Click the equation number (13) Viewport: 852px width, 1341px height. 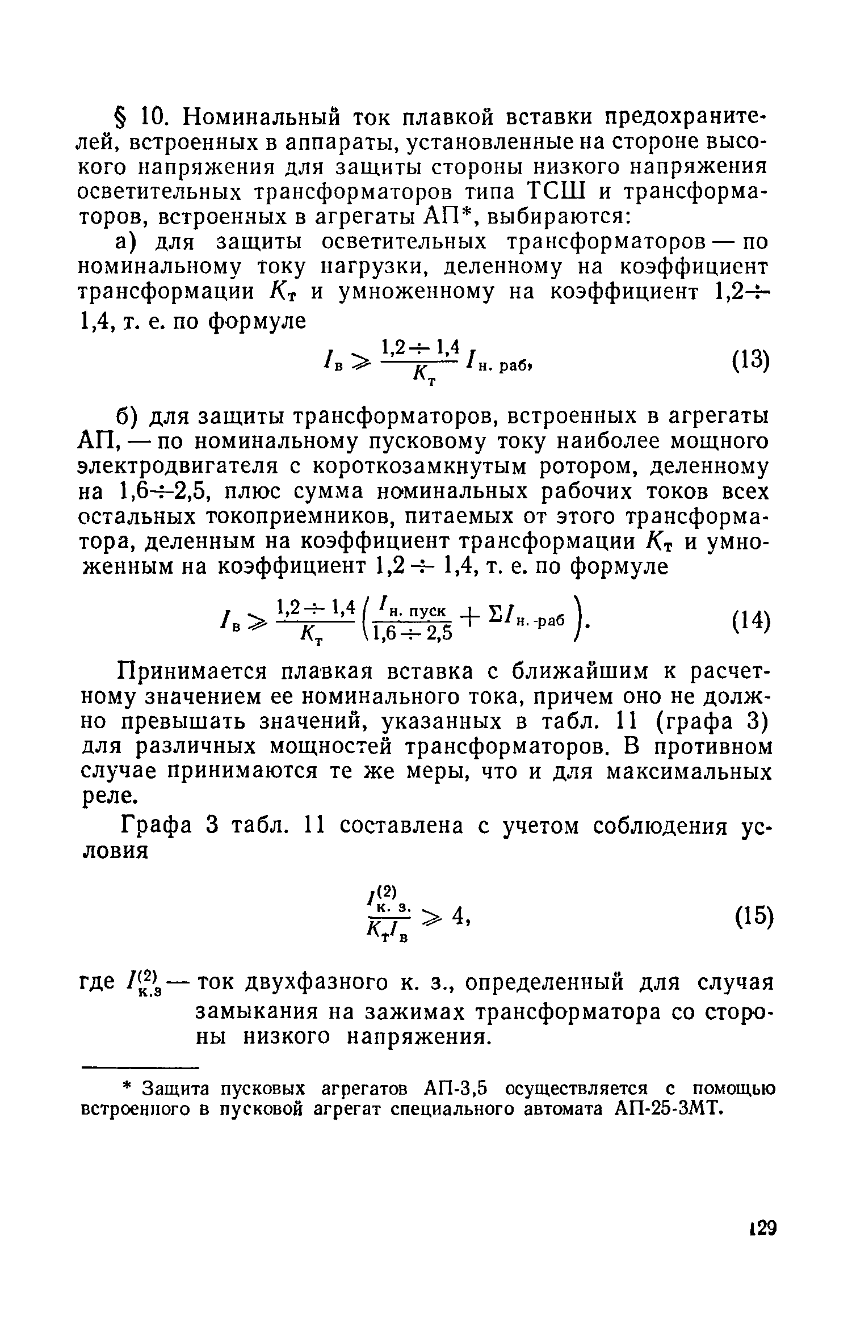click(750, 361)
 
